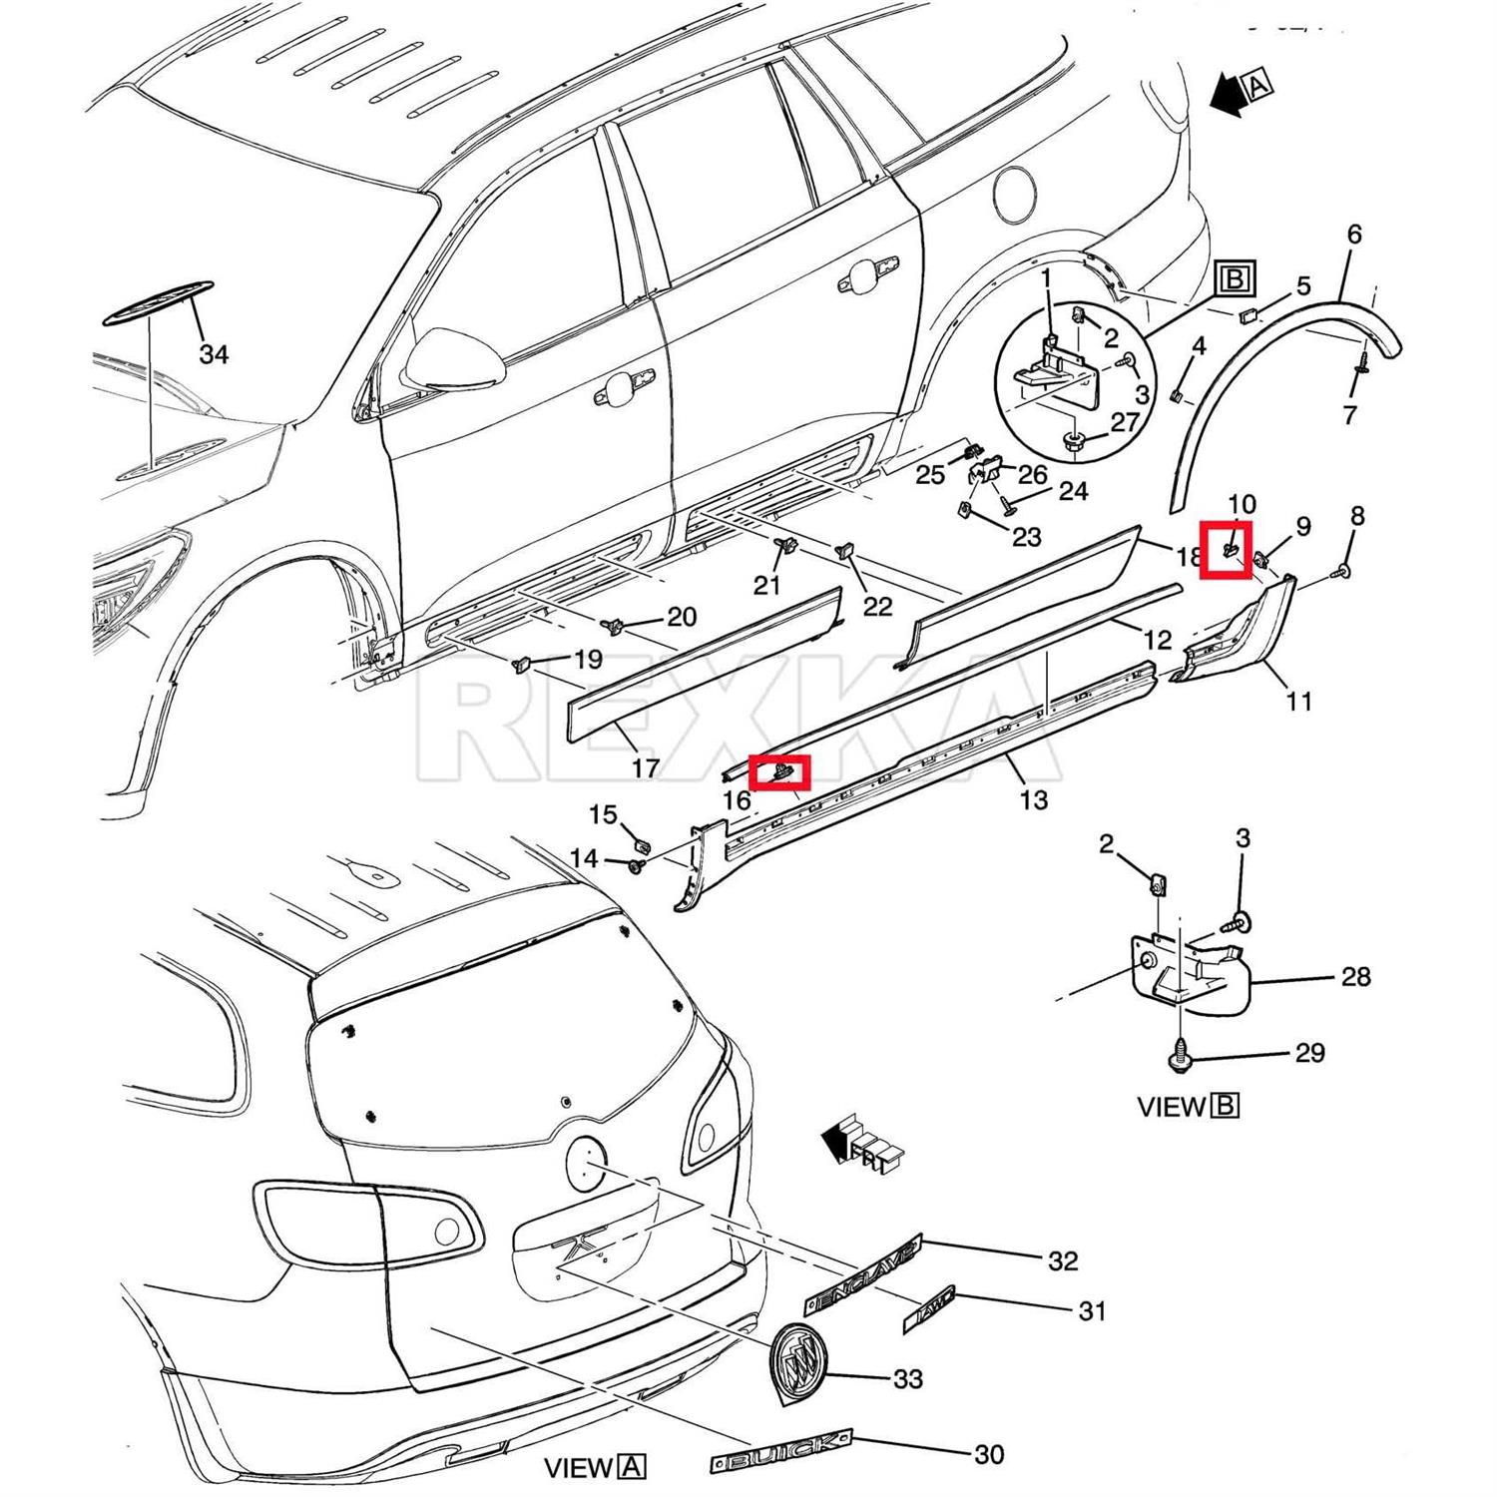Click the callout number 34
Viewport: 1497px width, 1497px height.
pyautogui.click(x=214, y=354)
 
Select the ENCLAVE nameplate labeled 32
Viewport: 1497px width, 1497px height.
pyautogui.click(x=863, y=1274)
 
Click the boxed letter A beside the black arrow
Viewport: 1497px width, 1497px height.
pyautogui.click(x=1258, y=87)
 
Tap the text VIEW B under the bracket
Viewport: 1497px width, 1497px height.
pyautogui.click(x=1188, y=1106)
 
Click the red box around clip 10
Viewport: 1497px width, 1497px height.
pyautogui.click(x=1226, y=549)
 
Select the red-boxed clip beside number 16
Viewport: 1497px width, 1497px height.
pyautogui.click(x=779, y=771)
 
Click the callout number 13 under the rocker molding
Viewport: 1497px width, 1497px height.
pyautogui.click(x=1034, y=798)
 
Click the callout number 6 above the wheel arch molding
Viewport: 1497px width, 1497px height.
pyautogui.click(x=1353, y=234)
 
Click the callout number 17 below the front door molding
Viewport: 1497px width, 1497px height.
pyautogui.click(x=646, y=767)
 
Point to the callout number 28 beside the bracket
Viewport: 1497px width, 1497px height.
pyautogui.click(x=1355, y=976)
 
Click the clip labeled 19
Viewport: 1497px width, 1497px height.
pyautogui.click(x=521, y=663)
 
